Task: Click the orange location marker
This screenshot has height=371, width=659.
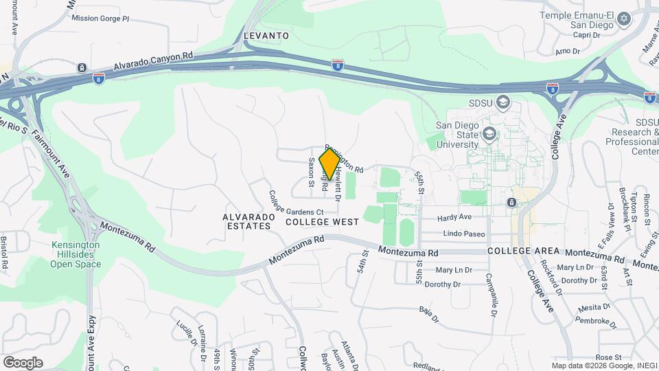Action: click(329, 164)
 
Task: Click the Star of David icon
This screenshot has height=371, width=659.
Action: click(623, 18)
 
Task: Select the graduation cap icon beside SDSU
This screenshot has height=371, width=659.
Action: click(505, 102)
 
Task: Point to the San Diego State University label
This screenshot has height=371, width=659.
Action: click(457, 135)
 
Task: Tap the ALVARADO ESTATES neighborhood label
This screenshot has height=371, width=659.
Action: click(248, 221)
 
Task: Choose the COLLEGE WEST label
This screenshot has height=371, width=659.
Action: click(322, 223)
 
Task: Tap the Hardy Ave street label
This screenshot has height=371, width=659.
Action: click(454, 218)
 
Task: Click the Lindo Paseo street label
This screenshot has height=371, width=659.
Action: click(464, 234)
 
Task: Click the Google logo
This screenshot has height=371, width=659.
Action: click(23, 362)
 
